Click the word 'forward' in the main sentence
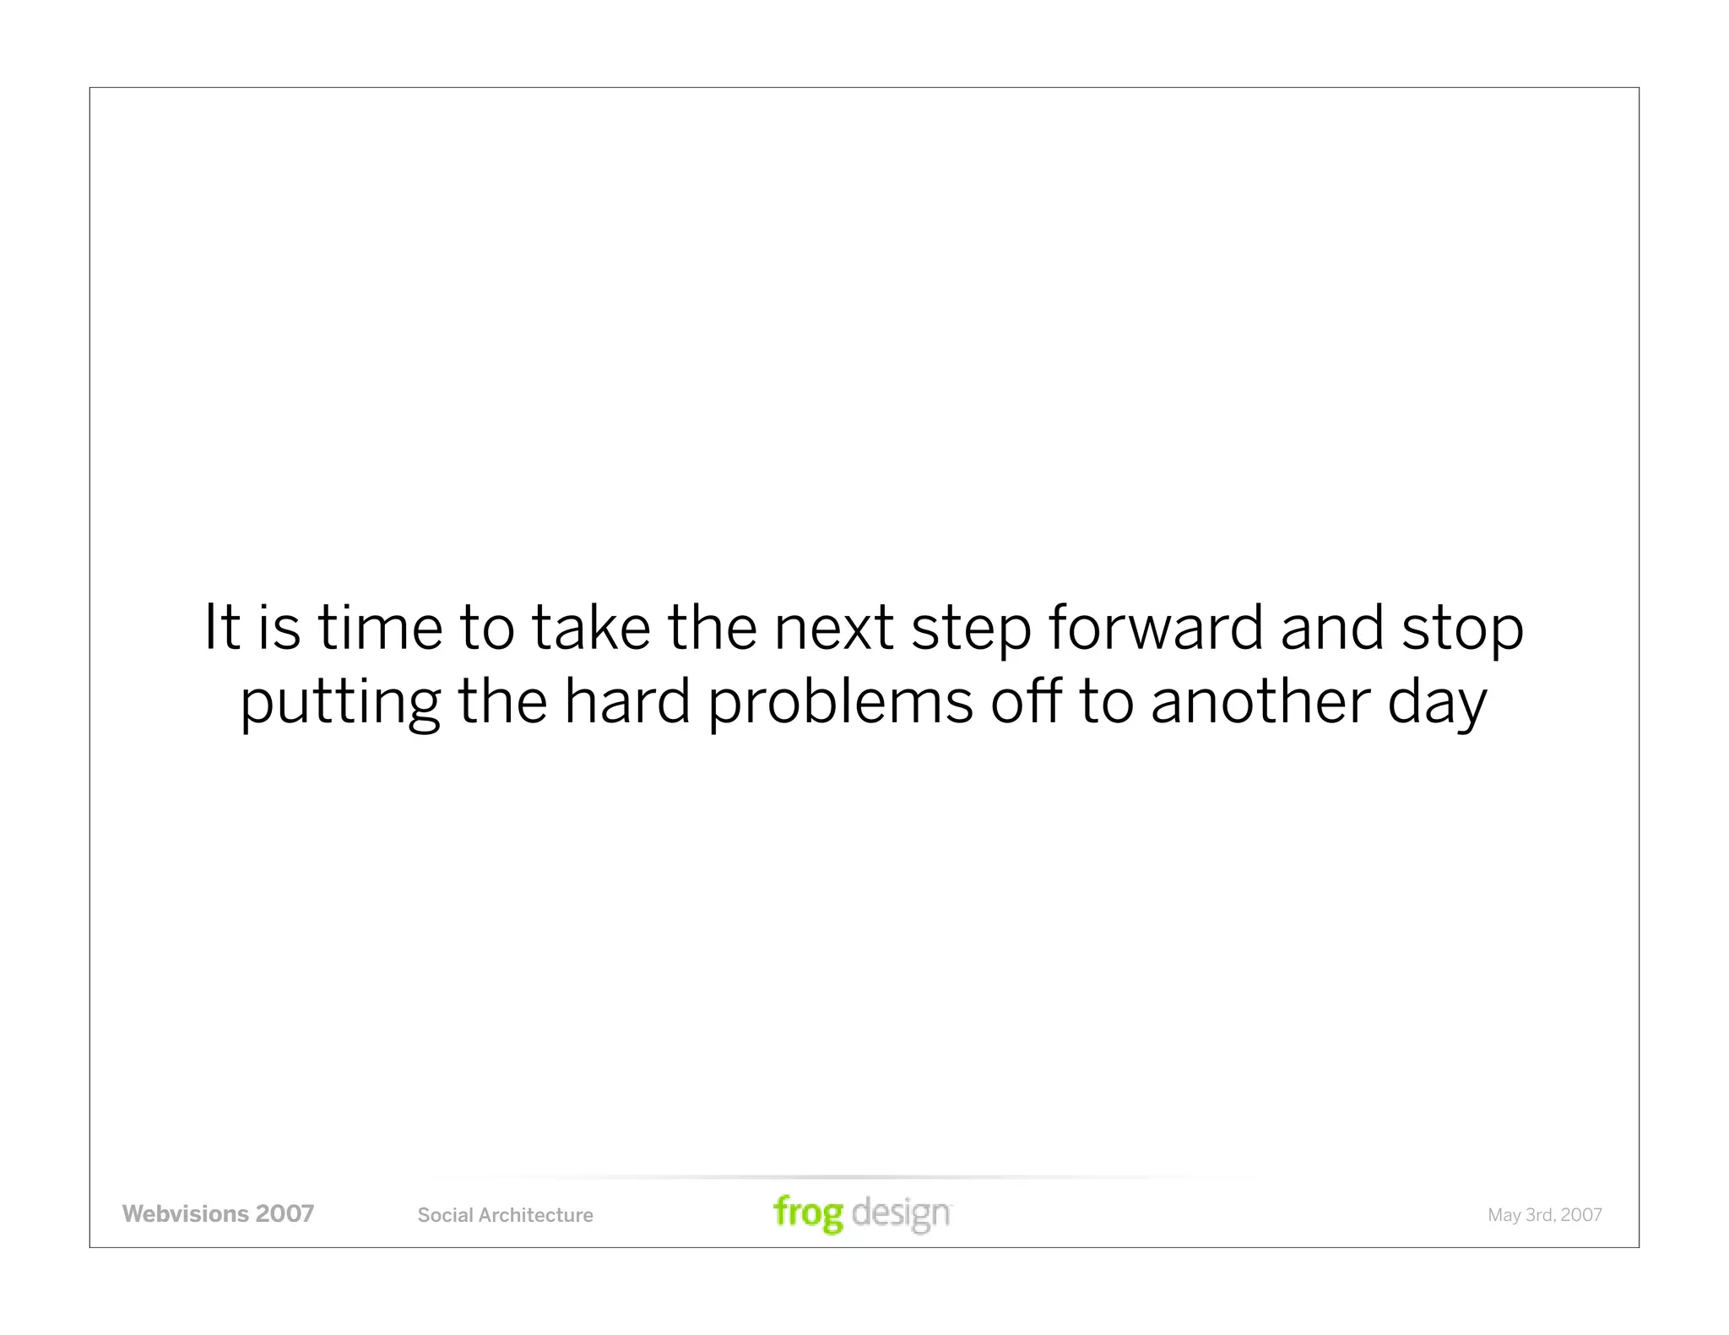tap(1156, 629)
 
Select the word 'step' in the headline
tap(971, 629)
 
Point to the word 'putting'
tap(340, 704)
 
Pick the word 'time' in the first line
tap(380, 629)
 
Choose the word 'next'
tap(833, 629)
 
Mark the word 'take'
tap(591, 629)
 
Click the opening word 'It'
tap(222, 629)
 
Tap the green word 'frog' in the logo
tap(808, 1213)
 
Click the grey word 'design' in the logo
tap(901, 1213)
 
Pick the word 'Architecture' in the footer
tap(536, 1215)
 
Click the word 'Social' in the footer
tap(446, 1215)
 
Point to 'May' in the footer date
tap(1504, 1216)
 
